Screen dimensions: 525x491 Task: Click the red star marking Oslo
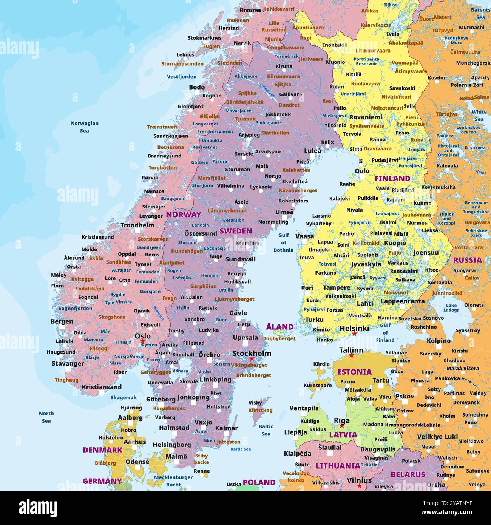pos(143,341)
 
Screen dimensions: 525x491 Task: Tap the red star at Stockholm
pos(252,358)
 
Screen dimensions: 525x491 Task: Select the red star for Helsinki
pos(354,334)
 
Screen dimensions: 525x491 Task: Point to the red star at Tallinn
pos(351,355)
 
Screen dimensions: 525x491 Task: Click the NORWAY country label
pos(184,215)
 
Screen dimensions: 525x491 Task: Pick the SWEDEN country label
pos(236,231)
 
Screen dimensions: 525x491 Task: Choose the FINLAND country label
pos(392,178)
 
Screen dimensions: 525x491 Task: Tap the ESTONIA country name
pos(354,372)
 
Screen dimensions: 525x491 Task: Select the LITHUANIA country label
pos(338,466)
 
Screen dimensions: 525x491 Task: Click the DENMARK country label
pos(102,450)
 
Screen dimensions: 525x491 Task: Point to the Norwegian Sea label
pos(84,127)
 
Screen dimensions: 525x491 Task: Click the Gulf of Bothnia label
pos(284,242)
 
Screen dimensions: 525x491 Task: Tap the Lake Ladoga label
pos(451,308)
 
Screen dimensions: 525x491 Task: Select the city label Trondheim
pos(137,225)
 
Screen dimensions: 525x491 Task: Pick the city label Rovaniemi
pos(366,117)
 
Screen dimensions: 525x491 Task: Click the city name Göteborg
pos(161,399)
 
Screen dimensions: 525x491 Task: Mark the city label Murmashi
pos(471,27)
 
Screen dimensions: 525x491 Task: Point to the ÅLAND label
pos(280,327)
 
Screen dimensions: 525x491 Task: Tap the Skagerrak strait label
pos(124,397)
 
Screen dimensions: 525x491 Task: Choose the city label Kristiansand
pos(102,387)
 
